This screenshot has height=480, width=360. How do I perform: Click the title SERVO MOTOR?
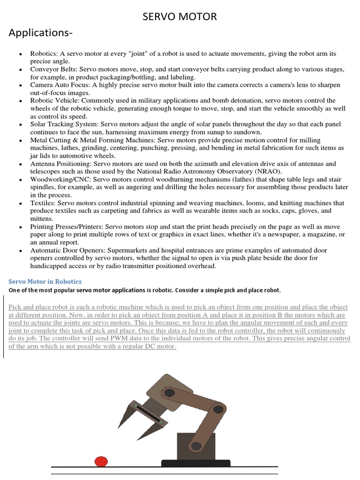[180, 17]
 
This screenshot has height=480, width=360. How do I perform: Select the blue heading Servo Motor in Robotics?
[45, 281]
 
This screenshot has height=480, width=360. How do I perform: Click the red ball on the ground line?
[101, 462]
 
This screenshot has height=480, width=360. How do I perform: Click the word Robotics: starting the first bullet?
[45, 54]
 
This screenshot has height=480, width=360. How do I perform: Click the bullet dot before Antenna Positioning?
[20, 165]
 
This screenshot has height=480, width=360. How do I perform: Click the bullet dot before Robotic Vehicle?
[20, 101]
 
